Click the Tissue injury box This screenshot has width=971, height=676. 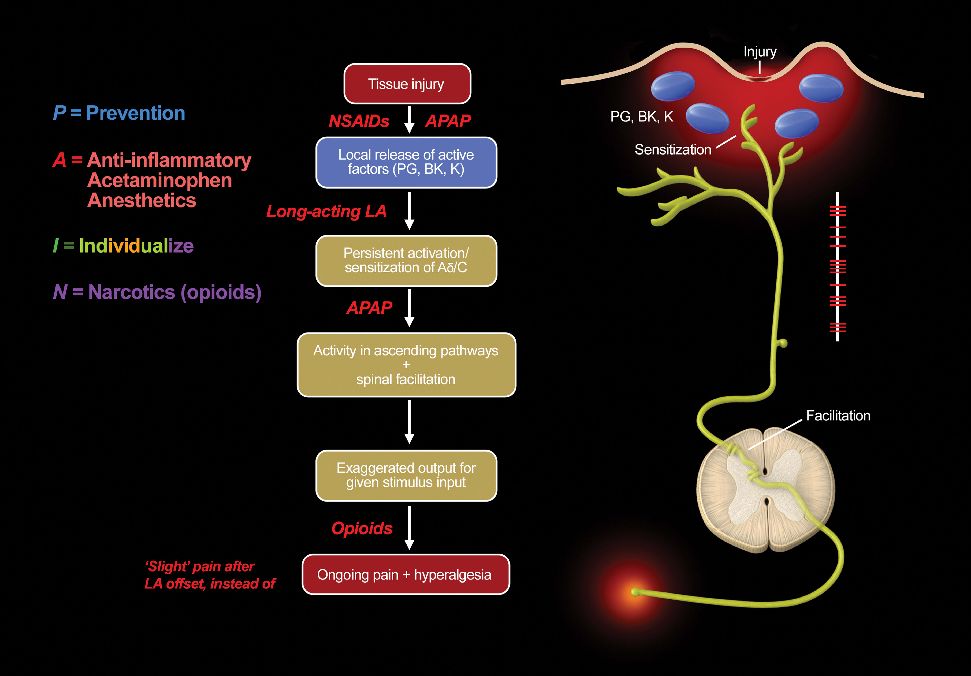(x=407, y=84)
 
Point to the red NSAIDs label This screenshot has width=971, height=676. (x=359, y=121)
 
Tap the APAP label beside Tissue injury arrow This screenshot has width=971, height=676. (x=448, y=121)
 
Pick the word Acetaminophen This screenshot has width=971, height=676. (x=160, y=181)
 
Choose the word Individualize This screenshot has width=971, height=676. (x=136, y=246)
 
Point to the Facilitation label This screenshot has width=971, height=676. (x=838, y=416)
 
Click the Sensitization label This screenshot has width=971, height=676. (x=673, y=150)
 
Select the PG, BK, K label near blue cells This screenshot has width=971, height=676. (x=642, y=117)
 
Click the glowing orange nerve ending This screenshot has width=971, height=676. (x=635, y=592)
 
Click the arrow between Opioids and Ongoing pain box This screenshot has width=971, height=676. (x=409, y=528)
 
